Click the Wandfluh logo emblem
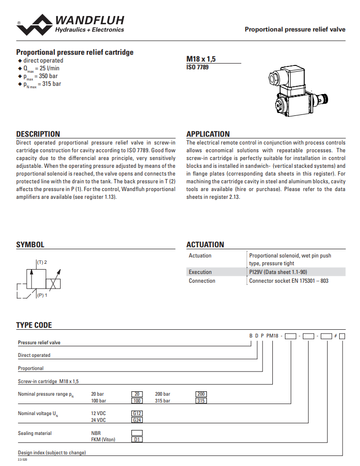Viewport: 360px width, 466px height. pyautogui.click(x=34, y=25)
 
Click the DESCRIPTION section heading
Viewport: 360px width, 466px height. pyautogui.click(x=38, y=134)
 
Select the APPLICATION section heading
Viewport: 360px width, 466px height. pyautogui.click(x=208, y=134)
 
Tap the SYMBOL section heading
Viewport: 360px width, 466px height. pyautogui.click(x=30, y=245)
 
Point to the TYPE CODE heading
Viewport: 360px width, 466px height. pyautogui.click(x=34, y=325)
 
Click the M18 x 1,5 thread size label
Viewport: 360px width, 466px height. pyautogui.click(x=201, y=59)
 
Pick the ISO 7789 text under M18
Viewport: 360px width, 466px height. pyautogui.click(x=198, y=67)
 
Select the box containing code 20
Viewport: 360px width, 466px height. pyautogui.click(x=137, y=394)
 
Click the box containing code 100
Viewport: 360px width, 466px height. pyautogui.click(x=137, y=401)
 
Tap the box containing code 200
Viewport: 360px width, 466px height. pyautogui.click(x=201, y=394)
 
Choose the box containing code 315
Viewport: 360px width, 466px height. pyautogui.click(x=201, y=401)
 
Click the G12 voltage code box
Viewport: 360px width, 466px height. pyautogui.click(x=137, y=413)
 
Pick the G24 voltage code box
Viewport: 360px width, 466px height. pyautogui.click(x=137, y=420)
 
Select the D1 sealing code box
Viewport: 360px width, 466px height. pyautogui.click(x=137, y=439)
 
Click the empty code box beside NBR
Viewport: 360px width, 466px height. pyautogui.click(x=137, y=433)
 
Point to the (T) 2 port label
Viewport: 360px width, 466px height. pyautogui.click(x=42, y=262)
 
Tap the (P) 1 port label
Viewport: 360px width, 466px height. pyautogui.click(x=42, y=295)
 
